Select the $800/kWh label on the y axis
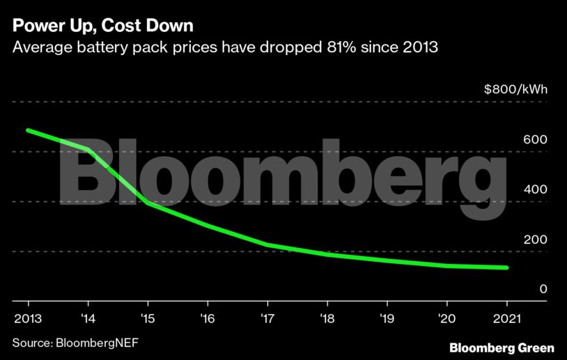coord(515,89)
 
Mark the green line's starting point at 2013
coord(29,130)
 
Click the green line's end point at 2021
coord(506,267)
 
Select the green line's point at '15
coord(148,203)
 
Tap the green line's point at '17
coord(267,245)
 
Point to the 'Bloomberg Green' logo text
coord(502,347)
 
